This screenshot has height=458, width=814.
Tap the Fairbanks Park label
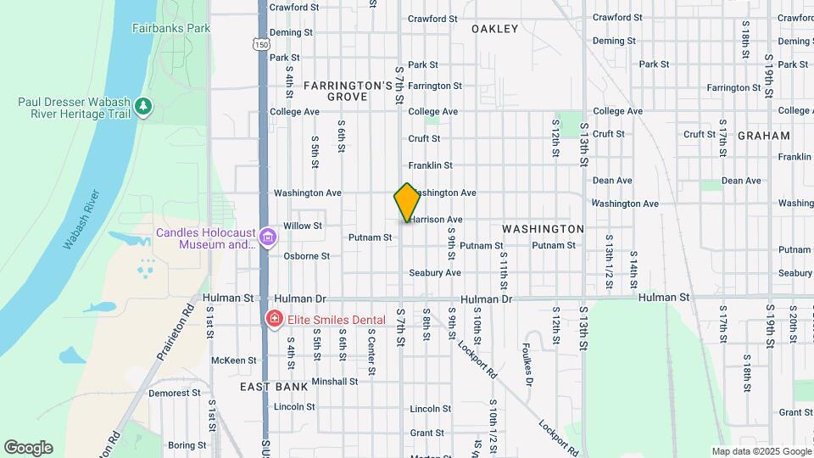point(170,28)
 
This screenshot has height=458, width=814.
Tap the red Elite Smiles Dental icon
point(274,320)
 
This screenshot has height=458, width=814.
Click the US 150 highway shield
point(263,42)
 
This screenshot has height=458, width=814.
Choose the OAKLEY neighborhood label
point(494,29)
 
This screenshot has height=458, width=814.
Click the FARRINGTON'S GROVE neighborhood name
point(348,92)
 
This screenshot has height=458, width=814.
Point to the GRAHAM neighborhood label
point(763,136)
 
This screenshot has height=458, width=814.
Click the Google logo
point(28,448)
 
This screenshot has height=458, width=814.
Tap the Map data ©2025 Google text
point(761,451)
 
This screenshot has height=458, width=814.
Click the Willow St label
point(303,226)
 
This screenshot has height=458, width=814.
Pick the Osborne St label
point(306,255)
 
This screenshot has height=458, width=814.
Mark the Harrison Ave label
point(437,219)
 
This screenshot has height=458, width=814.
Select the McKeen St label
point(233,360)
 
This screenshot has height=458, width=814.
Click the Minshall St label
point(335,382)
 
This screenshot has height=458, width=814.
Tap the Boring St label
point(181,444)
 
